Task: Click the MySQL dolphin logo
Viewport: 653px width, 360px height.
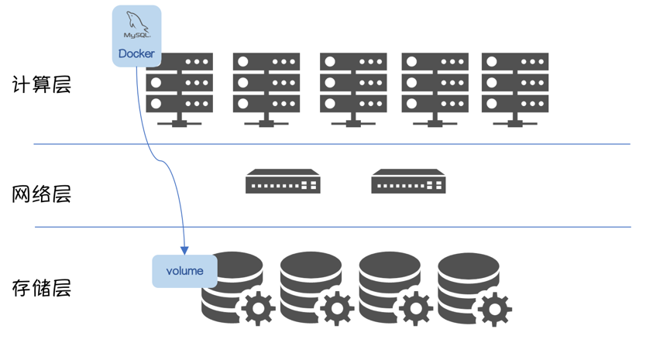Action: (136, 25)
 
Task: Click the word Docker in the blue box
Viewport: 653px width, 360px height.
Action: (136, 54)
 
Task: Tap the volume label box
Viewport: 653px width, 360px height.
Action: (184, 271)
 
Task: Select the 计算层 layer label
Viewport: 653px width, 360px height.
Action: (42, 84)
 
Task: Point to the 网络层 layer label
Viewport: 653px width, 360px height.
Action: (42, 194)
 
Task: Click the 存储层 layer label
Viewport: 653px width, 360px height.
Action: (42, 289)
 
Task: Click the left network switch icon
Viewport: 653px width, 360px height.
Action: (283, 182)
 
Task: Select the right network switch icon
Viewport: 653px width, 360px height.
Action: (408, 182)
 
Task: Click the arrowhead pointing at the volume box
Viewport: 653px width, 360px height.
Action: (184, 249)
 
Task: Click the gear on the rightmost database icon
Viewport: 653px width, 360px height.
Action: (493, 308)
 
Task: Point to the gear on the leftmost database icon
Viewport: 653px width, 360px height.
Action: (258, 308)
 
